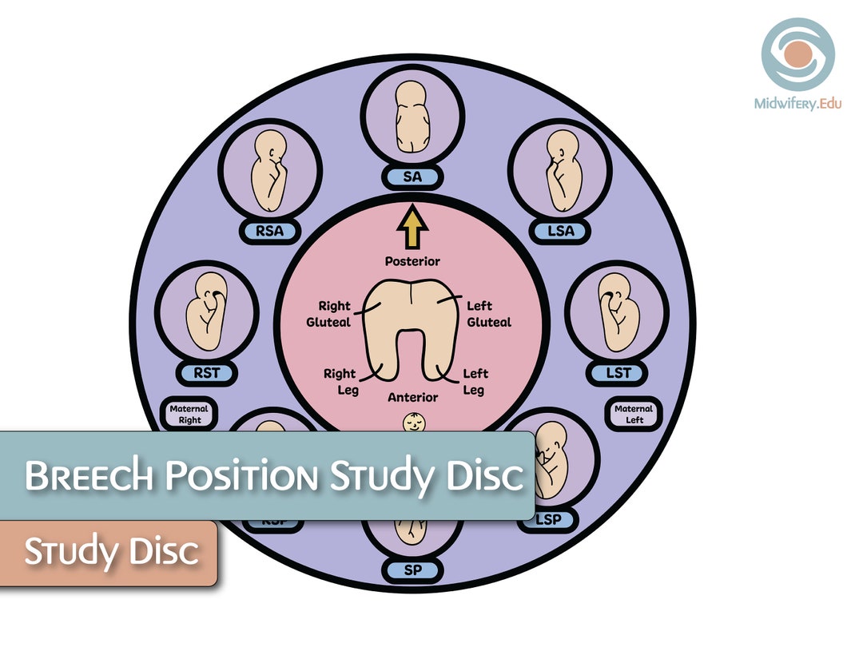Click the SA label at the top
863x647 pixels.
[x=412, y=177]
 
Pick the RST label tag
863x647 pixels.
[x=206, y=372]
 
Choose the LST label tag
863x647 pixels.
[x=616, y=372]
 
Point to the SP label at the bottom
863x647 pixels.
[x=412, y=570]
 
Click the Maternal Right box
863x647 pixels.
[x=189, y=414]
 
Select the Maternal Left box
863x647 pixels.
[x=634, y=414]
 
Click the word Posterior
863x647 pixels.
[x=412, y=261]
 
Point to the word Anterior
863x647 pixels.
[x=412, y=397]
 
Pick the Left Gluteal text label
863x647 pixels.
[x=487, y=314]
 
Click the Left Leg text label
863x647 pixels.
[x=476, y=381]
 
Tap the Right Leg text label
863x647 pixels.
[x=340, y=381]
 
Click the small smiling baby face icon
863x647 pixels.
[x=413, y=421]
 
